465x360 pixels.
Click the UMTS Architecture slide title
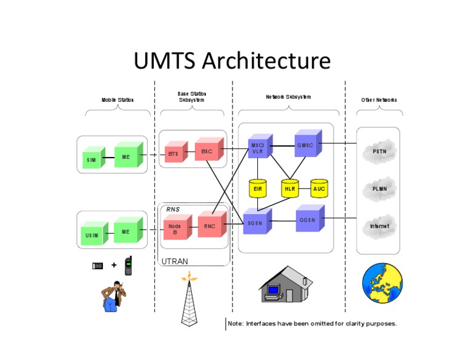[232, 61]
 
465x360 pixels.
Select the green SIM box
[91, 160]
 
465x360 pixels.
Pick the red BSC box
[206, 150]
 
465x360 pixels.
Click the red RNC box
[209, 226]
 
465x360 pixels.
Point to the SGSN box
[254, 223]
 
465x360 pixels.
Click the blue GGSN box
[306, 220]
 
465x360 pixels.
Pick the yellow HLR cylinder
[289, 188]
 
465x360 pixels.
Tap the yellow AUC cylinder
[319, 188]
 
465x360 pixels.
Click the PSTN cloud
[379, 151]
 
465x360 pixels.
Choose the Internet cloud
[380, 226]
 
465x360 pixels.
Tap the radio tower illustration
[190, 300]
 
